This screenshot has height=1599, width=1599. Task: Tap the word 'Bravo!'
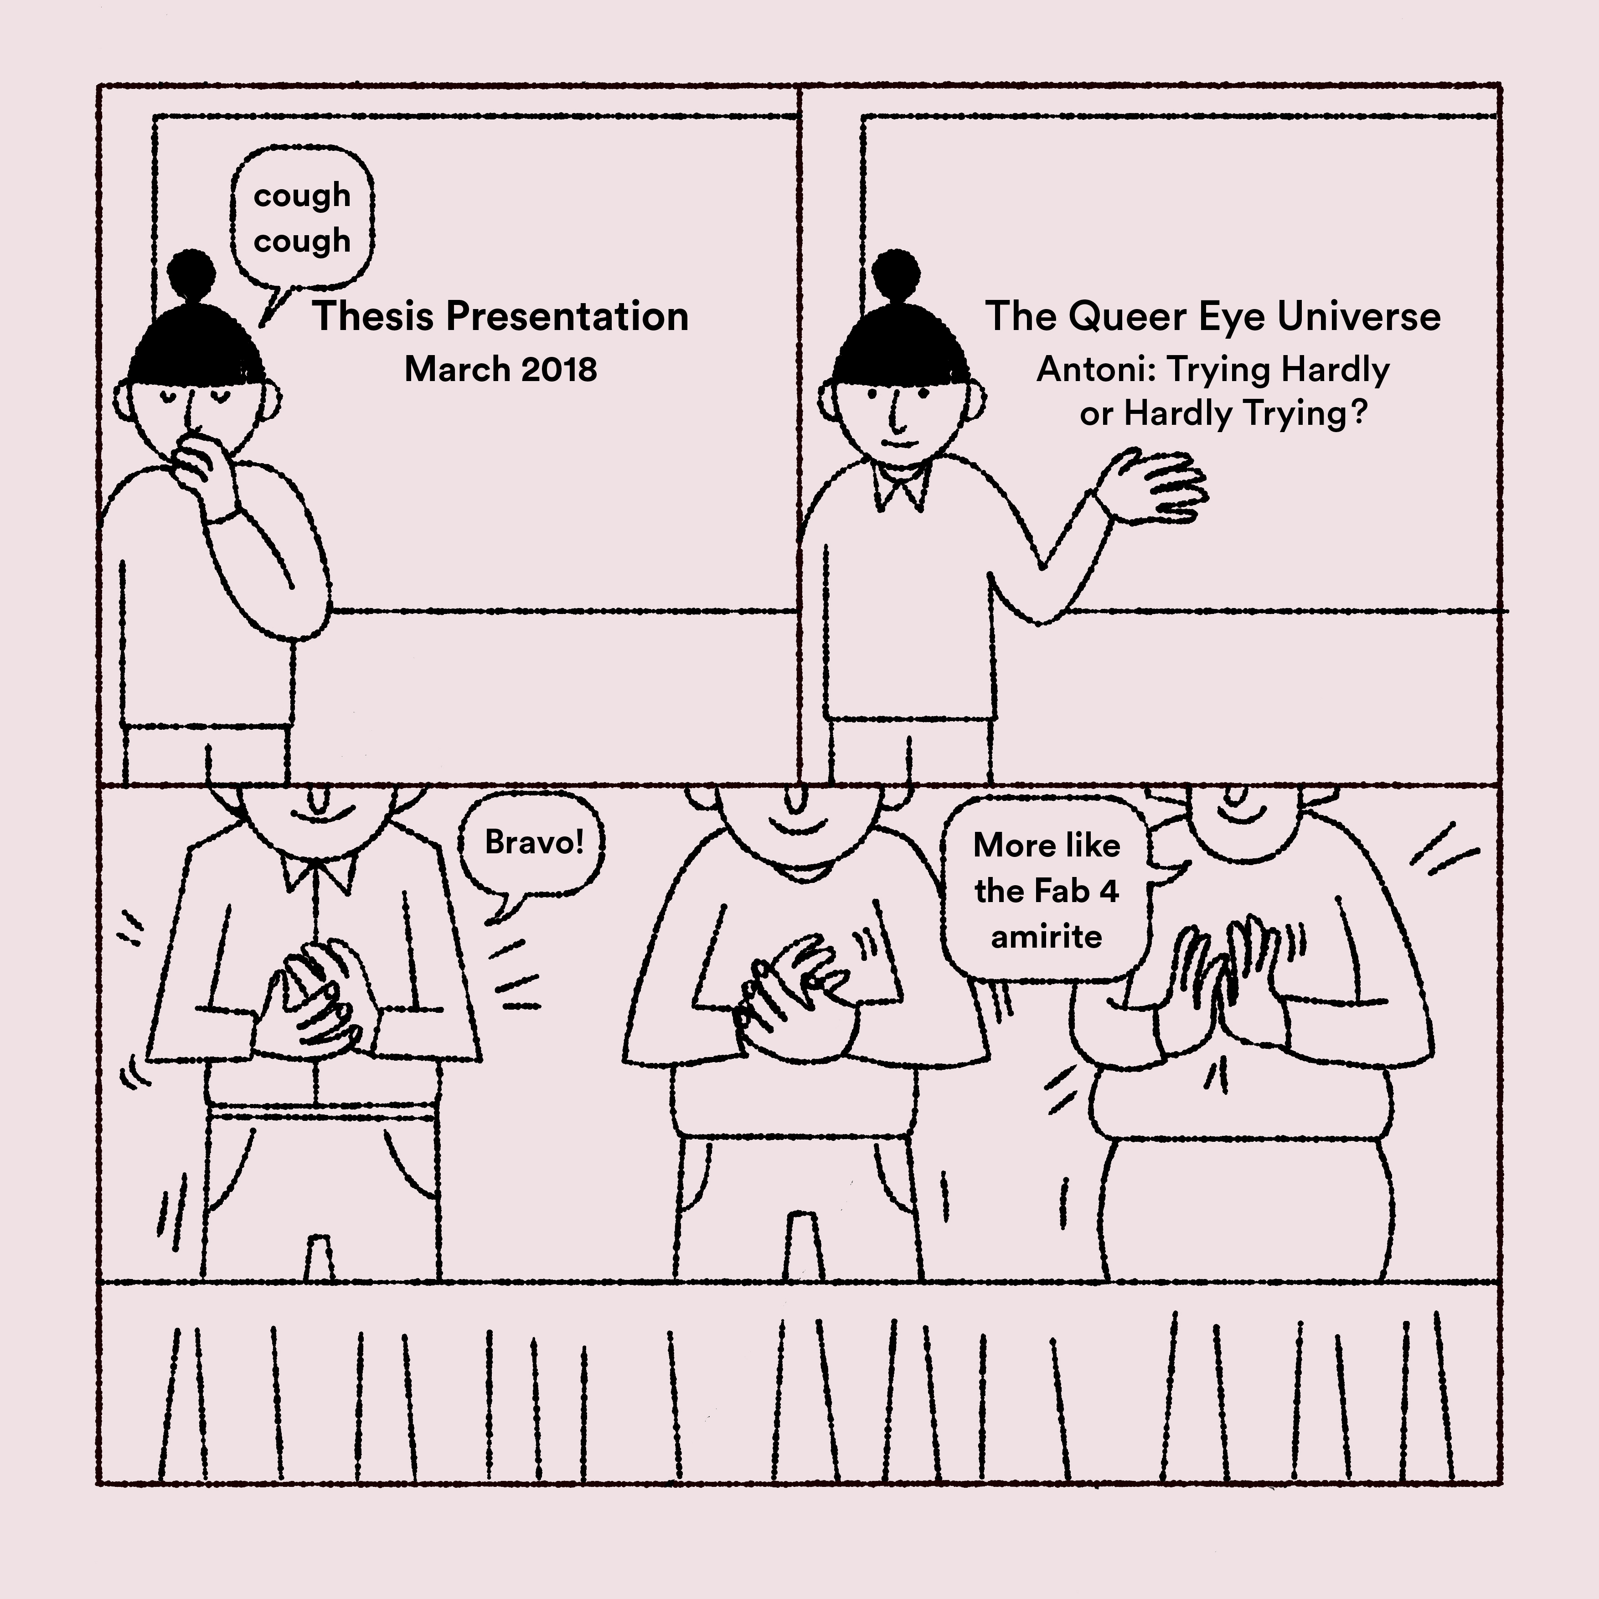(534, 842)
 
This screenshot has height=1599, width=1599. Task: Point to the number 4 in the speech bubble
(1109, 892)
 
